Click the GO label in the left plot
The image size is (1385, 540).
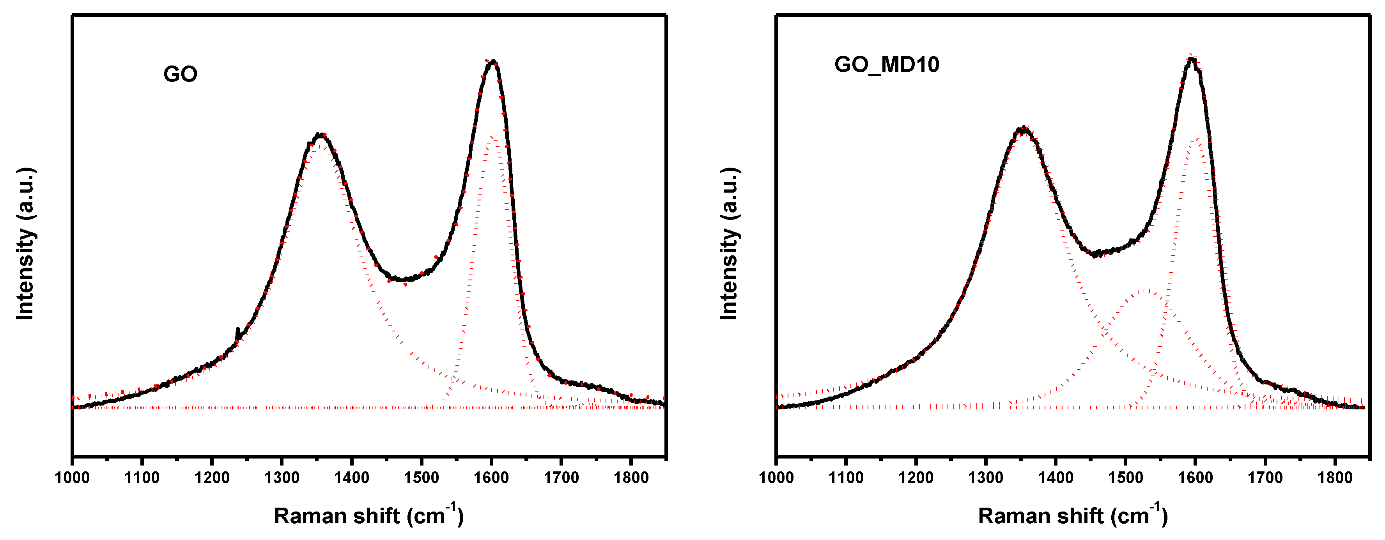point(180,74)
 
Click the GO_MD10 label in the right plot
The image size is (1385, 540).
point(887,65)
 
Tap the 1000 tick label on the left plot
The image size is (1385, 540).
point(72,478)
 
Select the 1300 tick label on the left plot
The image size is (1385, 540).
point(282,478)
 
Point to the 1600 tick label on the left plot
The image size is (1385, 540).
point(491,478)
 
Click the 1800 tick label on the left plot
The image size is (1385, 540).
point(631,478)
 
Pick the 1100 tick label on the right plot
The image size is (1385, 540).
point(846,478)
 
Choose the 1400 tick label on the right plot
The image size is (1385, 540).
point(1056,478)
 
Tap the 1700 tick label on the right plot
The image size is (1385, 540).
point(1265,478)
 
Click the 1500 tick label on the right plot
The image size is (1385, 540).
point(1125,478)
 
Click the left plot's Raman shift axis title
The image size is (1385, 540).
point(368,515)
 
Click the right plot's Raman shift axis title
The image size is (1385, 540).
point(1073,515)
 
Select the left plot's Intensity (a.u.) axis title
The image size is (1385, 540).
point(25,244)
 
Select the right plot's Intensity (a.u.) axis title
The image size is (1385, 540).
point(729,244)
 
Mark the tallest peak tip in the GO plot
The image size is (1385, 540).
point(493,62)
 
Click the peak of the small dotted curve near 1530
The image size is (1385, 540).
point(1146,290)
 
